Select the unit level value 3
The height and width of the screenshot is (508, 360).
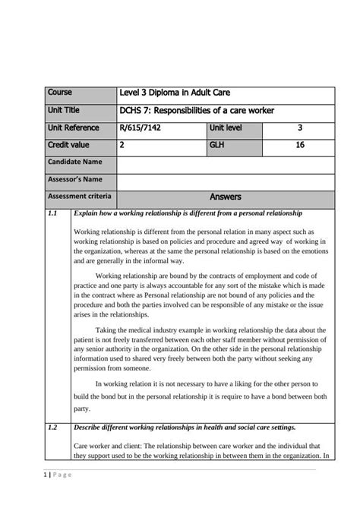pyautogui.click(x=300, y=128)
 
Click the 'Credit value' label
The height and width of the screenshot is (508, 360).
pyautogui.click(x=68, y=144)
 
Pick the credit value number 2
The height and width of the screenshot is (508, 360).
pyautogui.click(x=122, y=144)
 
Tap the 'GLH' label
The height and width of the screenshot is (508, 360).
pyautogui.click(x=218, y=144)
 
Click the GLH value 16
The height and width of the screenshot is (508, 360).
pyautogui.click(x=300, y=144)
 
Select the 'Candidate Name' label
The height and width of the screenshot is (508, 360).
pyautogui.click(x=74, y=162)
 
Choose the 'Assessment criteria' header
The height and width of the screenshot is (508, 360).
pyautogui.click(x=79, y=197)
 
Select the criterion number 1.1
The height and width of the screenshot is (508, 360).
pyautogui.click(x=52, y=213)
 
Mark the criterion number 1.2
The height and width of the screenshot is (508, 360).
pyautogui.click(x=52, y=427)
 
